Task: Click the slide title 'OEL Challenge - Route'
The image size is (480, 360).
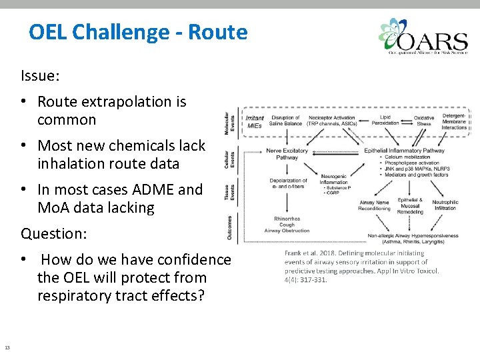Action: tap(138, 33)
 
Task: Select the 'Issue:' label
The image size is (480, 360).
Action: tap(41, 76)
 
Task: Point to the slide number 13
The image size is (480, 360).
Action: tap(7, 347)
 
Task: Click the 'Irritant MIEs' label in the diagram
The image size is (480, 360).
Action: tap(255, 121)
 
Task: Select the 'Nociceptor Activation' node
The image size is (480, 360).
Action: tap(332, 120)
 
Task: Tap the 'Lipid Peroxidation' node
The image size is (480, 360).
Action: tap(385, 120)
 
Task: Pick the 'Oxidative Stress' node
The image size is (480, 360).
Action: tap(424, 120)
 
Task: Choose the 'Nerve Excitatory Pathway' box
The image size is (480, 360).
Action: tap(287, 154)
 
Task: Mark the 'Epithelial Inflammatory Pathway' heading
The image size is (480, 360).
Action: tap(404, 151)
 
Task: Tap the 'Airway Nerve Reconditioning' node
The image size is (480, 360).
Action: tap(375, 205)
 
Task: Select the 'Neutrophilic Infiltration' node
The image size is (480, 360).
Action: tap(445, 205)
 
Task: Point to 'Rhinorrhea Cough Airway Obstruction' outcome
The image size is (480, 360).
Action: tap(287, 225)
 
